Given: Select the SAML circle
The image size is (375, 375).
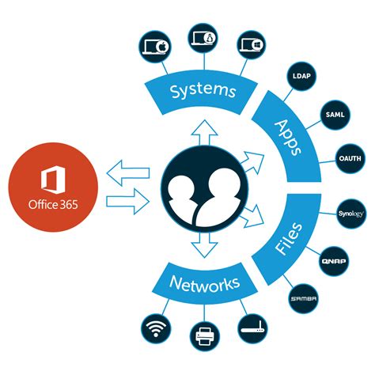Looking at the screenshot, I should tap(333, 116).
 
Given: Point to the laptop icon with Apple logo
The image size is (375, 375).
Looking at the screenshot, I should tap(154, 44).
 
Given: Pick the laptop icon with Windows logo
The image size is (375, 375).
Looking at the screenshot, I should tap(250, 44).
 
